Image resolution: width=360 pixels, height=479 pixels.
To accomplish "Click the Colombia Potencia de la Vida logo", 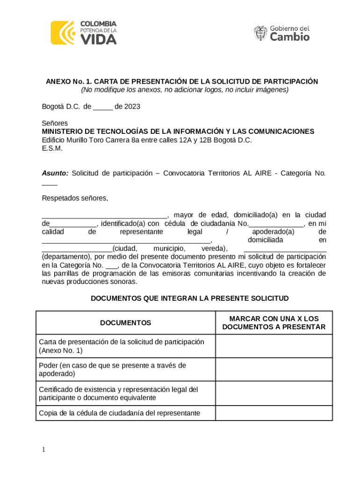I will pyautogui.click(x=84, y=33).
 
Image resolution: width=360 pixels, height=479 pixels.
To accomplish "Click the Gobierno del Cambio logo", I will pyautogui.click(x=281, y=33).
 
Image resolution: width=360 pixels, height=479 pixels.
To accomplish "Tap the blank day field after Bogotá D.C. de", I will pyautogui.click(x=102, y=107).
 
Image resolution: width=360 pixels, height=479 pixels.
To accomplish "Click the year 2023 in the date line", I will pyautogui.click(x=131, y=107).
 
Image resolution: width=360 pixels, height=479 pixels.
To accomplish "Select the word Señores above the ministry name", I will pyautogui.click(x=55, y=123).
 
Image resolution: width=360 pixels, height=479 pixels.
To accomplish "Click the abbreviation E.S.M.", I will pyautogui.click(x=52, y=148).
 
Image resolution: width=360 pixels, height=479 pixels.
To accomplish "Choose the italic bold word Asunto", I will pyautogui.click(x=55, y=173).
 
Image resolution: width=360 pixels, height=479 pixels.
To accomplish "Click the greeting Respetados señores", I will pyautogui.click(x=75, y=198).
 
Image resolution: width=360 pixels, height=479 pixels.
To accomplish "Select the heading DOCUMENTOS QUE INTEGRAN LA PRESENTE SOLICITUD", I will pyautogui.click(x=189, y=298).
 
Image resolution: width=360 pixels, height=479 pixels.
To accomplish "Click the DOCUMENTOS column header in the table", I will pyautogui.click(x=125, y=323).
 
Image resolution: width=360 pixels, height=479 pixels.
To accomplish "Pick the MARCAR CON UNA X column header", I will pyautogui.click(x=274, y=323).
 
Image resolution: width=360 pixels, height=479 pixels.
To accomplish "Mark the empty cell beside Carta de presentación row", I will pyautogui.click(x=274, y=346).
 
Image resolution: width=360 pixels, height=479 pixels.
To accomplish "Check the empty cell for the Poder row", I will pyautogui.click(x=274, y=370).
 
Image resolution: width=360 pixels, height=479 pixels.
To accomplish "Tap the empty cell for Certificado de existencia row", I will pyautogui.click(x=274, y=393).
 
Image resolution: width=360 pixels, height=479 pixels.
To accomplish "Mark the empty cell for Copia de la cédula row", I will pyautogui.click(x=274, y=413).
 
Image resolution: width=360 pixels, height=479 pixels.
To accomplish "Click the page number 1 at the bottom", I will pyautogui.click(x=43, y=450).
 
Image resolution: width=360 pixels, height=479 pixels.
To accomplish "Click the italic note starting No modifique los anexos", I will pyautogui.click(x=185, y=90).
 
